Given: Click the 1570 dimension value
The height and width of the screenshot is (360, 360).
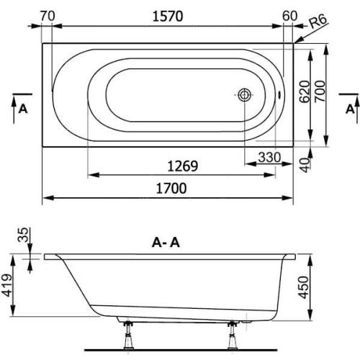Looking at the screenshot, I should (x=168, y=14).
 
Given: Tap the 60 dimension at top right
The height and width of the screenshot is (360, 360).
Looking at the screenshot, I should (x=290, y=14).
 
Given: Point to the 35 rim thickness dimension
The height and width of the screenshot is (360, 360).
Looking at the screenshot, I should (x=22, y=235).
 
